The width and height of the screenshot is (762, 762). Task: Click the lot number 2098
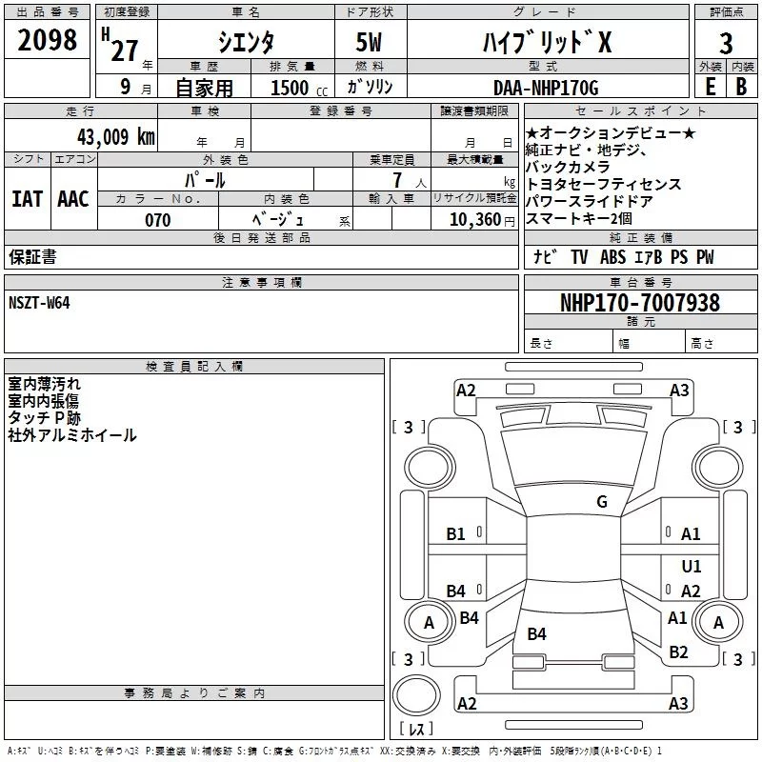[49, 41]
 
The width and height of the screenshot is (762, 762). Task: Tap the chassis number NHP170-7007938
[639, 303]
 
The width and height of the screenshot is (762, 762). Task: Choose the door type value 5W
[371, 43]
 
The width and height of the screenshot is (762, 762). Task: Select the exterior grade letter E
[710, 88]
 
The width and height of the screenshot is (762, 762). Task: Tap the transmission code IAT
[27, 198]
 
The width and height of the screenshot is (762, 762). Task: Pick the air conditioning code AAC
[73, 198]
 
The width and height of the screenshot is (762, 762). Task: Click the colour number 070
[157, 220]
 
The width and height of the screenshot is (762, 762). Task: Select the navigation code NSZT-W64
[39, 303]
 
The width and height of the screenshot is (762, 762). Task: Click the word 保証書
[32, 257]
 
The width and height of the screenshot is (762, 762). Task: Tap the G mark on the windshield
[602, 502]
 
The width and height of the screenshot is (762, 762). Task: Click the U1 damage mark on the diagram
[692, 566]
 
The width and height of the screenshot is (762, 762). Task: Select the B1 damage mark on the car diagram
[456, 534]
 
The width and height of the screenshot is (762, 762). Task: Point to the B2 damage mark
[678, 652]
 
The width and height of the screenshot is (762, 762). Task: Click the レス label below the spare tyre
[416, 729]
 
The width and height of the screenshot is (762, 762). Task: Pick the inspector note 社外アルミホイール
[72, 435]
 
